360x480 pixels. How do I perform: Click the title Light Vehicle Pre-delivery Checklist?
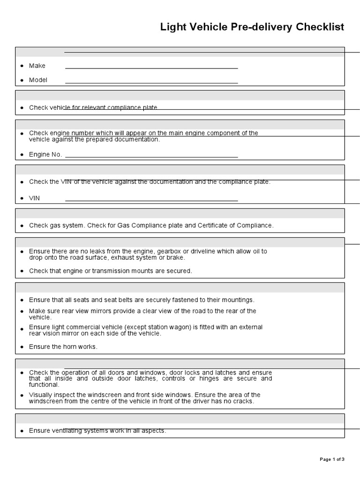[x=252, y=27]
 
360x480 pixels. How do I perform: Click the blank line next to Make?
[x=151, y=68]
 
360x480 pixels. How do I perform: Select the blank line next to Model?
[x=151, y=83]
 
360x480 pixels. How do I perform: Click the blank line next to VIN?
[x=151, y=201]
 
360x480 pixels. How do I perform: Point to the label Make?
[x=37, y=66]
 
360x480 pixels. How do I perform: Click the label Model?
[x=38, y=80]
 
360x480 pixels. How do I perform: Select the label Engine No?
[x=45, y=155]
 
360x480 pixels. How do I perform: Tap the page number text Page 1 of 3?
[x=332, y=459]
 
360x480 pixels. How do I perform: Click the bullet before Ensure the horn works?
[x=22, y=347]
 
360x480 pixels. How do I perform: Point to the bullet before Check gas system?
[x=22, y=226]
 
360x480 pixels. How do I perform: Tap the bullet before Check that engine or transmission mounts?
[x=22, y=271]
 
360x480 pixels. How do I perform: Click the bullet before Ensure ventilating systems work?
[x=22, y=431]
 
